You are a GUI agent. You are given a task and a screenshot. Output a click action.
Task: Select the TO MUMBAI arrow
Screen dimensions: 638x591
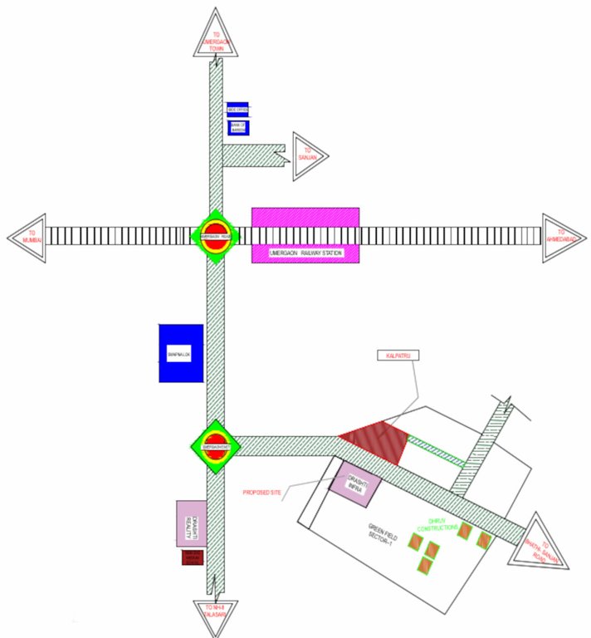(27, 235)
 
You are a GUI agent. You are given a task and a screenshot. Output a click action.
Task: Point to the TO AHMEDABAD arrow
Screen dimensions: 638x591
(563, 235)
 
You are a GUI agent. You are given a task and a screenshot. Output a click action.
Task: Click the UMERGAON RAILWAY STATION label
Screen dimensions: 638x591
(305, 253)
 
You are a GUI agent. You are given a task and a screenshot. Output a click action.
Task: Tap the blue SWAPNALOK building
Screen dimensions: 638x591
(181, 352)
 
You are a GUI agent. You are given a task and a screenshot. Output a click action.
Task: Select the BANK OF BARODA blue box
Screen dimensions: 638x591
(238, 128)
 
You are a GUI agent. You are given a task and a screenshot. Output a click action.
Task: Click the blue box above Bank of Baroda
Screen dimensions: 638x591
(237, 110)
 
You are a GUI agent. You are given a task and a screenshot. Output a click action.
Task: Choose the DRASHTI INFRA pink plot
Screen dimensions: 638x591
(353, 482)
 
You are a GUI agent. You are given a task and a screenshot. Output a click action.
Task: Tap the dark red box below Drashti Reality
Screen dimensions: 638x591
(193, 557)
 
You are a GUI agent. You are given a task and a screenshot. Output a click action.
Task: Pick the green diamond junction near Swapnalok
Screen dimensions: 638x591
(216, 446)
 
